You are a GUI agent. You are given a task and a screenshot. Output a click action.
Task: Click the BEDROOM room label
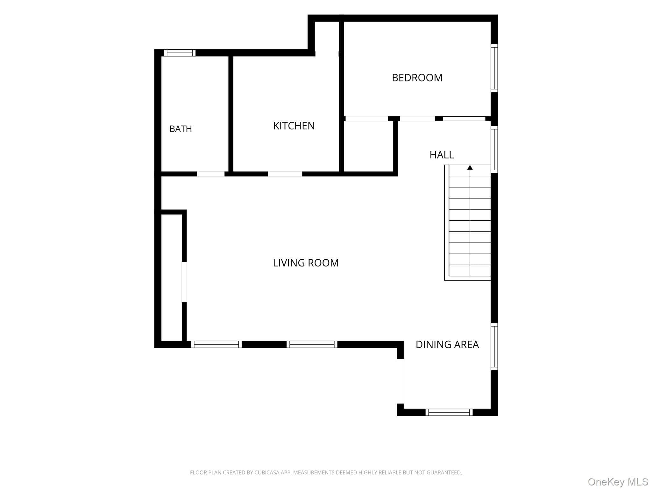coord(417,78)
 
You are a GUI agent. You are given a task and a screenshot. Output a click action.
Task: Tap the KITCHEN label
coord(294,126)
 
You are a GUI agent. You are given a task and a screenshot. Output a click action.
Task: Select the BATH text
coord(181,129)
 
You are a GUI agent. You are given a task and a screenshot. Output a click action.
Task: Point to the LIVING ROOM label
coord(306,263)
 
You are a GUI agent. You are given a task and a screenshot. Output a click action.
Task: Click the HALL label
coord(442,155)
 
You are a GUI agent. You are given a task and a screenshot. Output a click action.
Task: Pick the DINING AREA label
coord(447,344)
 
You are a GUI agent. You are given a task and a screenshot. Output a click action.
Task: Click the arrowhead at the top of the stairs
coord(470,167)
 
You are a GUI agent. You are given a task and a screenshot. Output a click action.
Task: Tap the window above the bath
coord(180,53)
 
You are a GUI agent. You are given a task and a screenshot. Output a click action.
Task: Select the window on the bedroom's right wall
coord(494,68)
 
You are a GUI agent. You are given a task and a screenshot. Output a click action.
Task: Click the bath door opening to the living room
coord(210,174)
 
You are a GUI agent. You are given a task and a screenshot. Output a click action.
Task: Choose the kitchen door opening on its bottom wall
coord(285,174)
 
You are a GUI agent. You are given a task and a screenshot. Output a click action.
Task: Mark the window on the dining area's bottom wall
coord(449,412)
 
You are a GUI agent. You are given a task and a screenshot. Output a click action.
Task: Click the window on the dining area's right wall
coord(494,347)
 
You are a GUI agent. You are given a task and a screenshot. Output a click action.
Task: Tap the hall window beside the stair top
coord(494,150)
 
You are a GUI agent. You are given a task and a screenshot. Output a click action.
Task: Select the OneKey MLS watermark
coord(618,482)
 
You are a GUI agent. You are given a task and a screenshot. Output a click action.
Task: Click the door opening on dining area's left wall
coord(400,381)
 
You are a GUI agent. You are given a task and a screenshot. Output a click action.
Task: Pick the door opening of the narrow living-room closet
coord(184,282)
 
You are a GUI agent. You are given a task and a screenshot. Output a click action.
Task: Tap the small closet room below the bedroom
coord(368,146)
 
